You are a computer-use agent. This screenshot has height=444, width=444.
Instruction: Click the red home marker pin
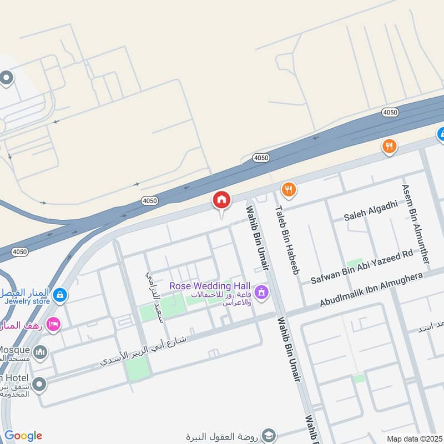coord(221,200)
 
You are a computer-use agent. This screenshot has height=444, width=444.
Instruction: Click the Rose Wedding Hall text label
coord(210,285)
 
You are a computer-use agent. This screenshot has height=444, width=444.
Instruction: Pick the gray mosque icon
coord(39,352)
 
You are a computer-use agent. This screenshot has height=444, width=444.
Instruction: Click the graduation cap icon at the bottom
coord(269,435)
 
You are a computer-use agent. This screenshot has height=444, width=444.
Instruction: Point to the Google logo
coord(23,436)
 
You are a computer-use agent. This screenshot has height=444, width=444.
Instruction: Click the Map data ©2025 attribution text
coord(414,439)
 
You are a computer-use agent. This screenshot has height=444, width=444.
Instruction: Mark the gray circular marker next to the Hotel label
coord(39,384)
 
